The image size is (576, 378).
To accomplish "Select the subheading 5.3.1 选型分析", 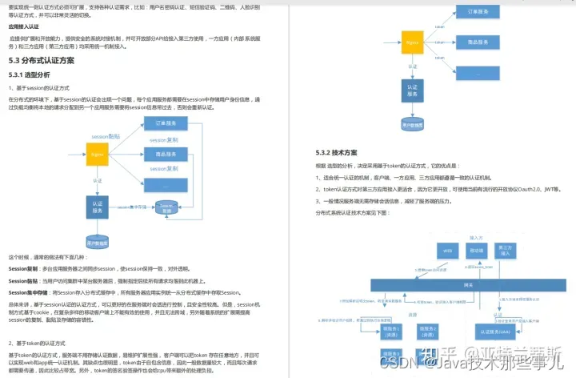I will coord(30,74).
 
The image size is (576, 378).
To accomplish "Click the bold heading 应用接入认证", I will coord(25,26).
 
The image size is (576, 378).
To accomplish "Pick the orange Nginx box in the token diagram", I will coord(412,41).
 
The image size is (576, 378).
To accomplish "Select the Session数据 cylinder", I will coord(167,207).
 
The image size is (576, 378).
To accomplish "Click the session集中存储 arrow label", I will coord(131,207).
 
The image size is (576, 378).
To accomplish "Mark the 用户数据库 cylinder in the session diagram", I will coord(97,240).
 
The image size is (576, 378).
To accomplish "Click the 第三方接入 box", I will coord(506,250).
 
